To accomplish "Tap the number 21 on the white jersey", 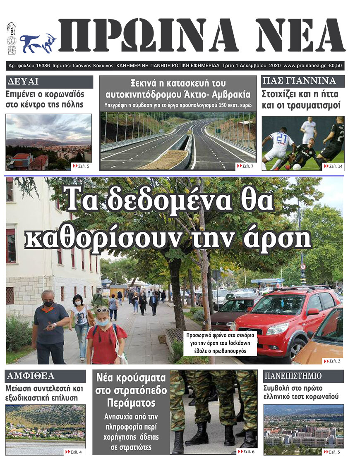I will [281, 138].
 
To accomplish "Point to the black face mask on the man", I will [49, 304].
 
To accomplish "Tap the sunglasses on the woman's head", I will [102, 310].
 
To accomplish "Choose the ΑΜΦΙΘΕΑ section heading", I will [30, 376].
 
